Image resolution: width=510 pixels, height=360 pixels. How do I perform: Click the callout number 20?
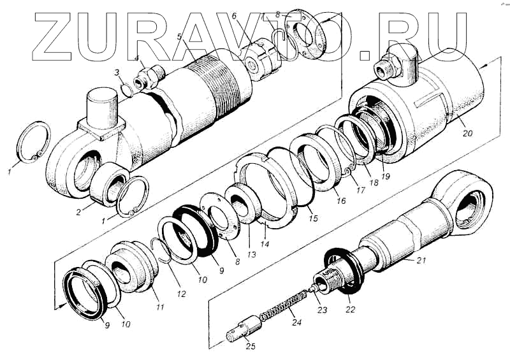pyautogui.click(x=467, y=133)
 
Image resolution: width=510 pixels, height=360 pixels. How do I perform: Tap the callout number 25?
pyautogui.click(x=251, y=347)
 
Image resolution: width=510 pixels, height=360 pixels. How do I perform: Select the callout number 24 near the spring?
pyautogui.click(x=296, y=322)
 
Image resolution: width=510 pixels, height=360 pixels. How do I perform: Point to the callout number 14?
pyautogui.click(x=265, y=243)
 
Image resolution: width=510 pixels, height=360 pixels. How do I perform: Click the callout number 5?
pyautogui.click(x=180, y=36)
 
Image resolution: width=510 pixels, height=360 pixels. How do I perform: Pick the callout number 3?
pyautogui.click(x=117, y=72)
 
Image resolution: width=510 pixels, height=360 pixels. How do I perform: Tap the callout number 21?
pyautogui.click(x=421, y=260)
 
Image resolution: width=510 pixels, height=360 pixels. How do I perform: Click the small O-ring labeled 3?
pyautogui.click(x=127, y=90)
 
